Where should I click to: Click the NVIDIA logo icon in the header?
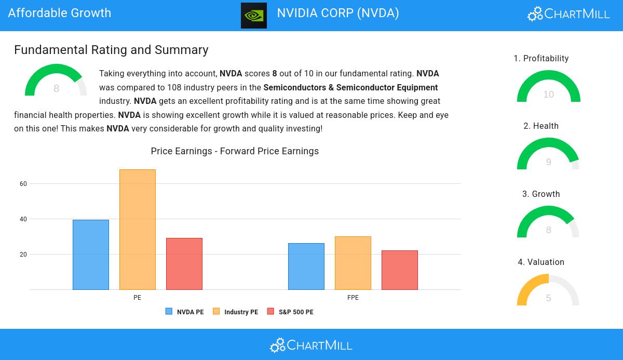tap(253, 15)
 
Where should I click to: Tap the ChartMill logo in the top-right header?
tap(568, 14)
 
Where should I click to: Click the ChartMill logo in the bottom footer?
tap(311, 345)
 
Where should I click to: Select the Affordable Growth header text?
tap(60, 13)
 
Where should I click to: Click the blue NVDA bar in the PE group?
tap(91, 255)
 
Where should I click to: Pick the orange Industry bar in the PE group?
tap(138, 230)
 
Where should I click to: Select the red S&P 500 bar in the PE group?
tap(184, 264)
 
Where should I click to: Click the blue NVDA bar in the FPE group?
tap(306, 266)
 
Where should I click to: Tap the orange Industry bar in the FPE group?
tap(353, 263)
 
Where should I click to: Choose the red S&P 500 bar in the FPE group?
tap(400, 270)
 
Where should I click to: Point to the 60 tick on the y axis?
tap(23, 184)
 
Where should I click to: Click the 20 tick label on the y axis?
tap(23, 255)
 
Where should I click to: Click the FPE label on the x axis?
tap(353, 298)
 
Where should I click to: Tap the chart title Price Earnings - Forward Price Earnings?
tap(235, 151)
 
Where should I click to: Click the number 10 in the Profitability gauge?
tap(548, 95)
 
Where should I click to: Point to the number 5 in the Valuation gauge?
tap(548, 298)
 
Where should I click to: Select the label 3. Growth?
tap(541, 194)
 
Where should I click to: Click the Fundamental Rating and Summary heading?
tap(111, 50)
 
